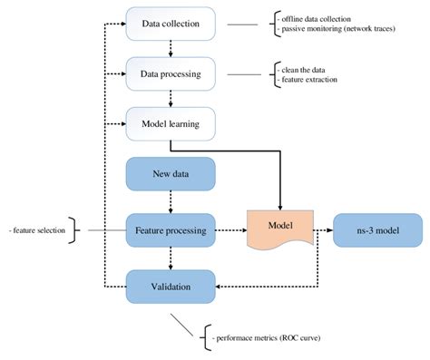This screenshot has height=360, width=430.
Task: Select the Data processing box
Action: coord(171,71)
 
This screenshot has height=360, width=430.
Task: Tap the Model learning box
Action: coord(171,122)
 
